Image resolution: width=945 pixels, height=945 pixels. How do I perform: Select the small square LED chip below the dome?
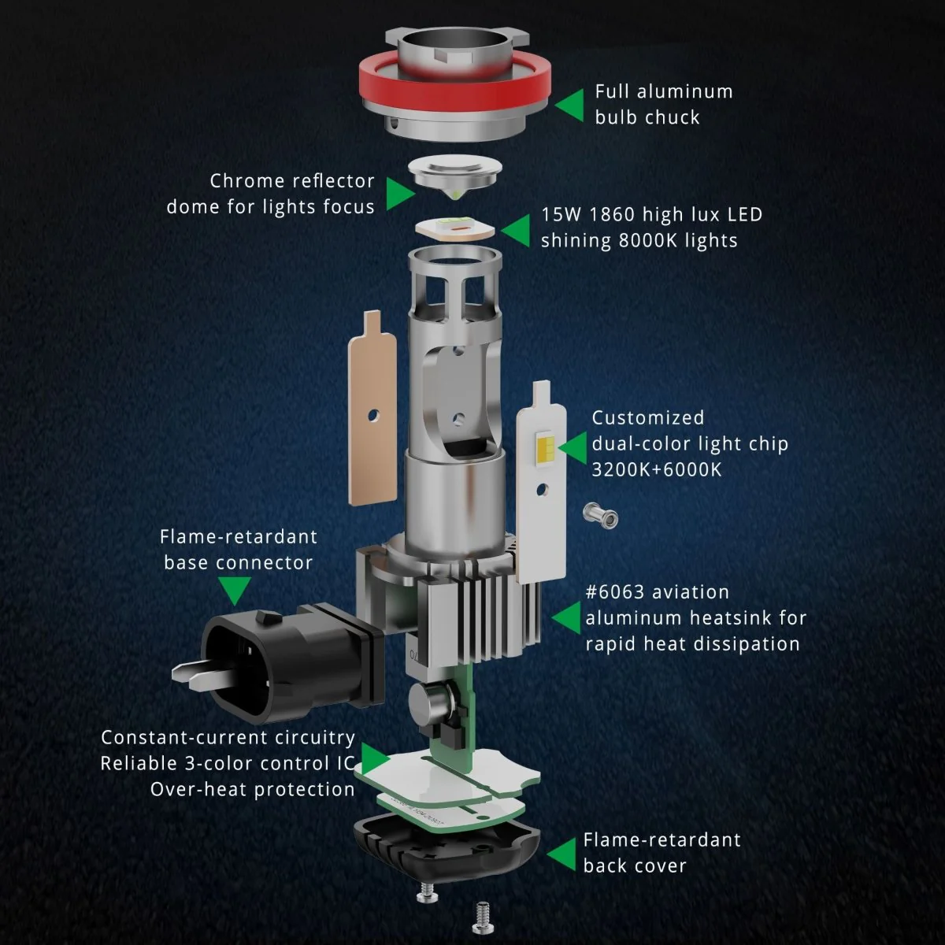pos(455,228)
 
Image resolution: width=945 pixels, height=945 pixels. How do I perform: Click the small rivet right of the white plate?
pos(600,517)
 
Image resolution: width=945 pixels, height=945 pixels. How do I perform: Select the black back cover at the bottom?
pos(447,850)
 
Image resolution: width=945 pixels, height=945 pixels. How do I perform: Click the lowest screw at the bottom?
pos(483,918)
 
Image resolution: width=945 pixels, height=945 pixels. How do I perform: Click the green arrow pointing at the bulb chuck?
pos(571,105)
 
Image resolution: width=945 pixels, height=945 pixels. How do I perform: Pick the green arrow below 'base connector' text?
pos(235,591)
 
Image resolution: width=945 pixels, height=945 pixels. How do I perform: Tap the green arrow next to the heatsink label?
pos(568,618)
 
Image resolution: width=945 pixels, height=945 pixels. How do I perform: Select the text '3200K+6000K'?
pos(657,470)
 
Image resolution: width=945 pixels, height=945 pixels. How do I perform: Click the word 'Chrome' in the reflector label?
pos(255,181)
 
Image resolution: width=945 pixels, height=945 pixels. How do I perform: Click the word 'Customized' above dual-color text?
pos(648,418)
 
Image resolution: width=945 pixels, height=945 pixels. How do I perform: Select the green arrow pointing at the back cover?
pos(561,854)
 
